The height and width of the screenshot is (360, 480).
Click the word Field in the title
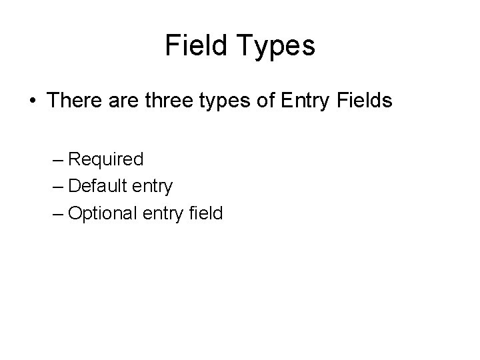[x=195, y=45]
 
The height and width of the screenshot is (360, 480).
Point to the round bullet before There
[x=33, y=101]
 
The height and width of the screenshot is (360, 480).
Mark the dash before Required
[x=56, y=160]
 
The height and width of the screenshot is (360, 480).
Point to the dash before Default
[x=56, y=187]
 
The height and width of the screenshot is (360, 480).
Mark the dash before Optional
[x=56, y=213]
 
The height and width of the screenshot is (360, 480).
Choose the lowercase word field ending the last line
[x=205, y=213]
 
